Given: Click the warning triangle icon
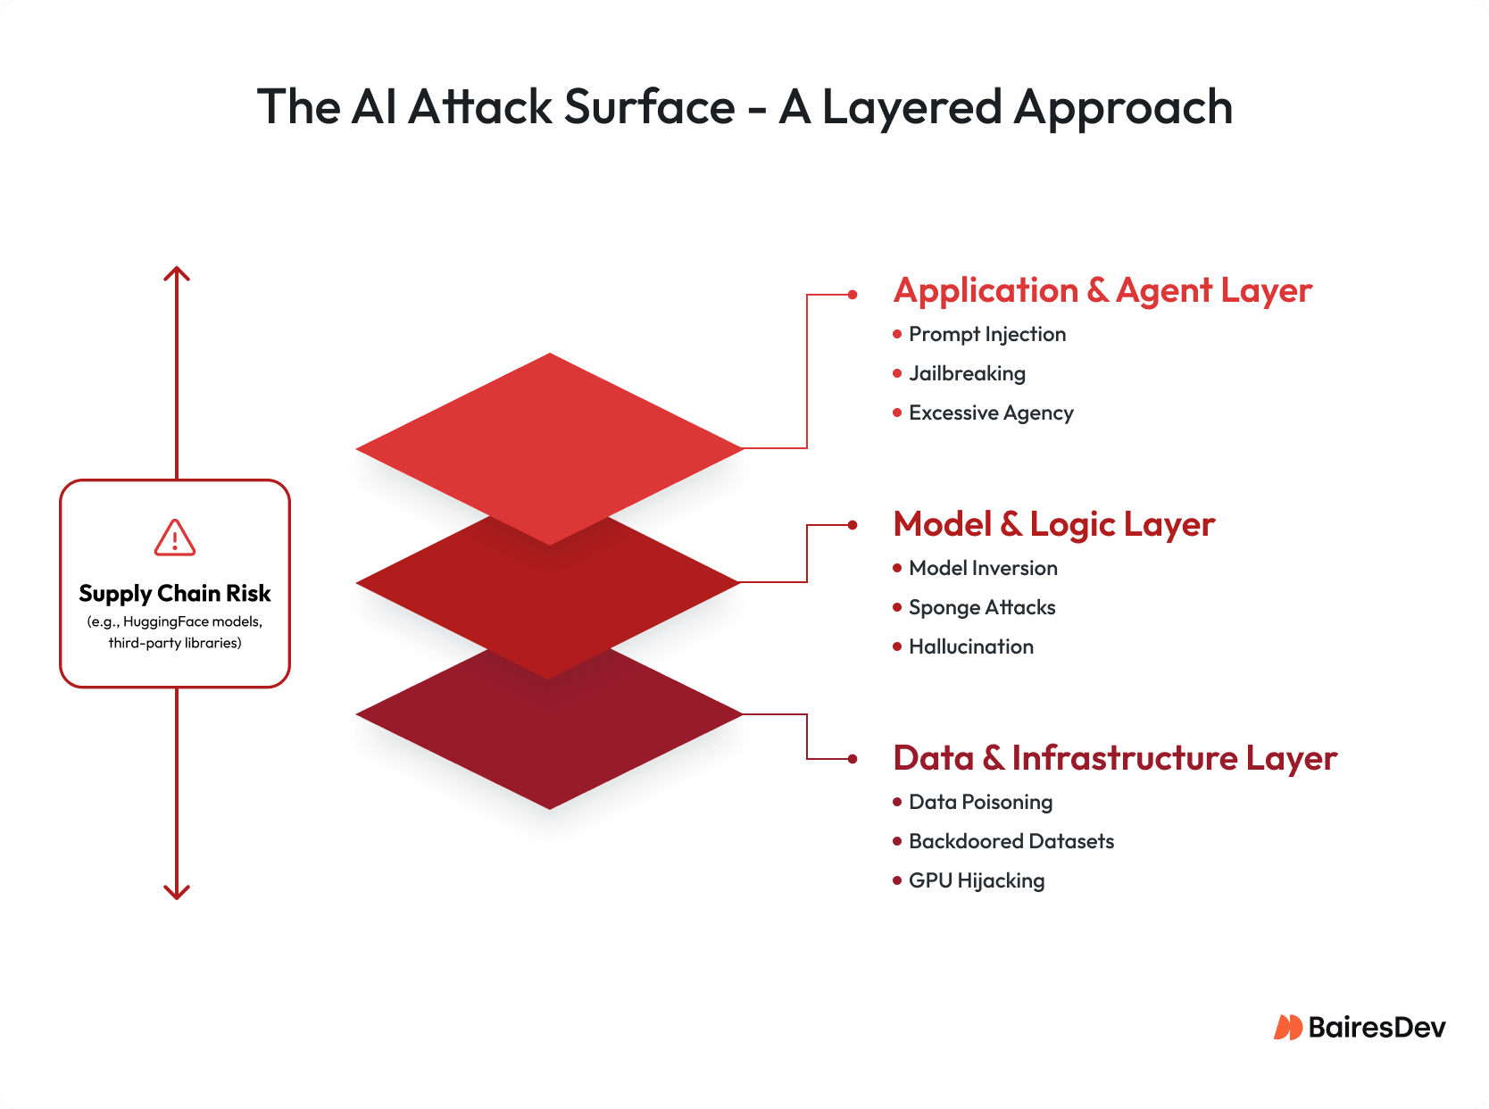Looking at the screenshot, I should pos(175,538).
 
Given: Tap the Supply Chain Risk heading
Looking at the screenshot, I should pos(175,594).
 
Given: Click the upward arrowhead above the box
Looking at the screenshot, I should pos(177,273).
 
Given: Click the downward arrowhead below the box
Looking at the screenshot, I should pos(177,891).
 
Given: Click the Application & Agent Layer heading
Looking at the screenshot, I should pos(1102,291).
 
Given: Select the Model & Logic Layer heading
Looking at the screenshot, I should pos(1054,525).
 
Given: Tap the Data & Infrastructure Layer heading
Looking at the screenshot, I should pos(1115,759).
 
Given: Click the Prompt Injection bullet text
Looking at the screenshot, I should pos(987,335).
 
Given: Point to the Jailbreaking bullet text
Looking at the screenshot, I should pos(967,374).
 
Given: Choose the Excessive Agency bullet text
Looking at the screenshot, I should pos(991,413).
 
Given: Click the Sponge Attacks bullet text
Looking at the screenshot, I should pos(982,608).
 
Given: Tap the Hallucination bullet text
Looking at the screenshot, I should pos(971,647).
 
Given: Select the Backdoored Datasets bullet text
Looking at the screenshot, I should pos(1011,842).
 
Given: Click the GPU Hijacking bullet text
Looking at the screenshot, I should pos(977,881).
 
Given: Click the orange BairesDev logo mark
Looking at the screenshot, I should pos(1288,1028).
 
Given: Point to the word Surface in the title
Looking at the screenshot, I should pos(650,107).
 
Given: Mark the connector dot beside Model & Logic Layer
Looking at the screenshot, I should pos(853,526).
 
